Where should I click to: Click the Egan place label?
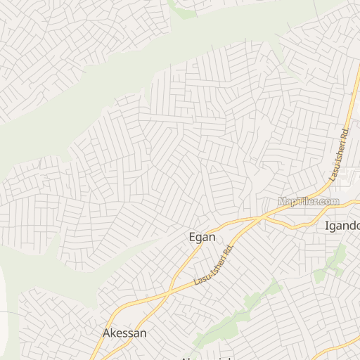pos(202,238)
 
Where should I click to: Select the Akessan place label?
pos(124,333)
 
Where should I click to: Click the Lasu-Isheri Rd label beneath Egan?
pos(213,264)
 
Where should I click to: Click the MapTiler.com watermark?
pos(308,202)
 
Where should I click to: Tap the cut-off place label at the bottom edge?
pos(205,357)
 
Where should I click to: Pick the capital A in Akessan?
pos(107,333)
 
